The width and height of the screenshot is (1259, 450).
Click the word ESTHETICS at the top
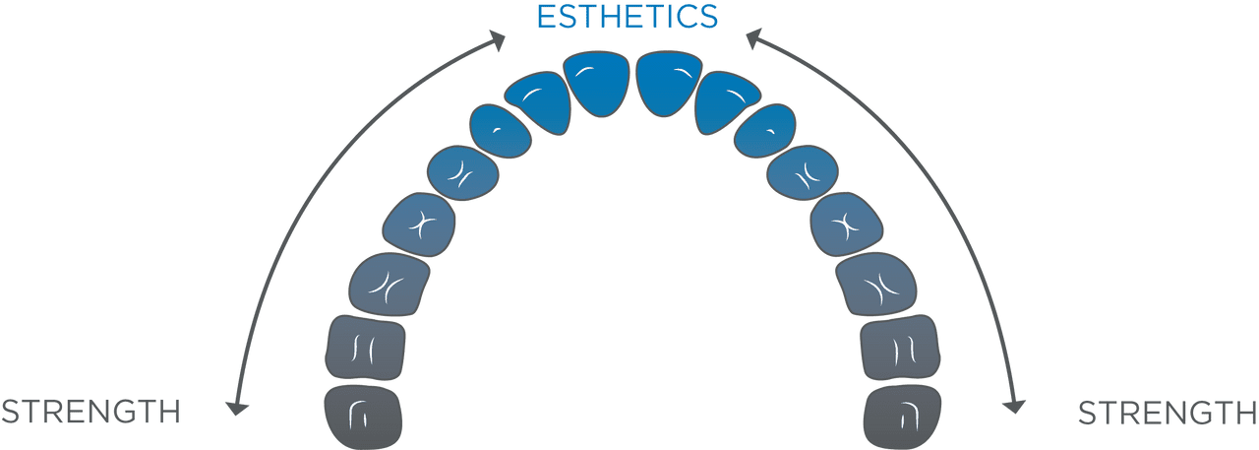click(627, 16)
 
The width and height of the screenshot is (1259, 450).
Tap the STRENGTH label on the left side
click(90, 412)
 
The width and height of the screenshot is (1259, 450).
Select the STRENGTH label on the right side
click(1168, 413)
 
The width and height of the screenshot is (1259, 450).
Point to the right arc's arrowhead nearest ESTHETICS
click(754, 40)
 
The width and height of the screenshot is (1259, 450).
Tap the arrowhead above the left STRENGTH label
click(235, 406)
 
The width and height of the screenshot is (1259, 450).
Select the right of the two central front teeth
click(670, 83)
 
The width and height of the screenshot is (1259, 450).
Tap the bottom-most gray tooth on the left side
click(362, 417)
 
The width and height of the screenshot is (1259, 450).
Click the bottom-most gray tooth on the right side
click(902, 417)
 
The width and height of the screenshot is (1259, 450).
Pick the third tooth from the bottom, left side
click(389, 284)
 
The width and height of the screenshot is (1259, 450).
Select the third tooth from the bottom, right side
click(875, 284)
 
